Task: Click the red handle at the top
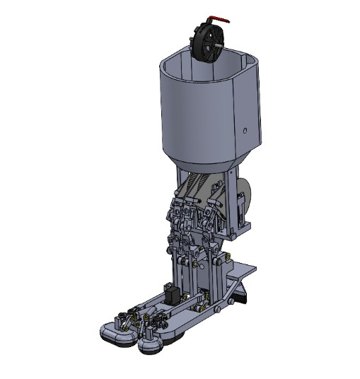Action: (x=221, y=21)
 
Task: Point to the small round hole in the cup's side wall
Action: (x=244, y=130)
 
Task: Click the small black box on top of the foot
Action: (x=170, y=293)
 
